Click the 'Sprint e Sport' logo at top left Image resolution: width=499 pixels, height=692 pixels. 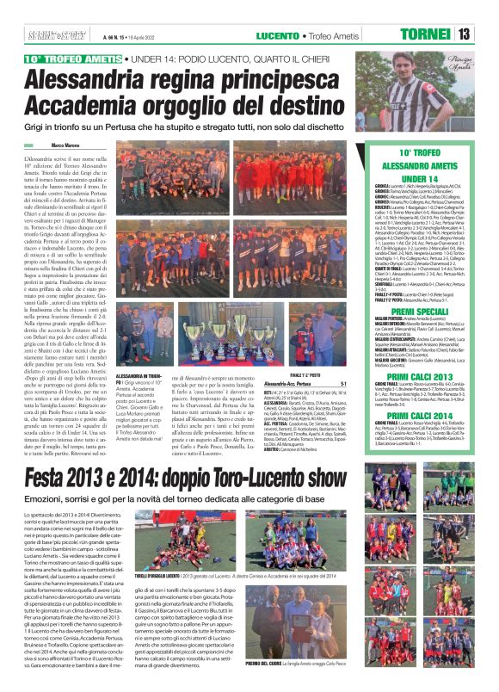[46, 34]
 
